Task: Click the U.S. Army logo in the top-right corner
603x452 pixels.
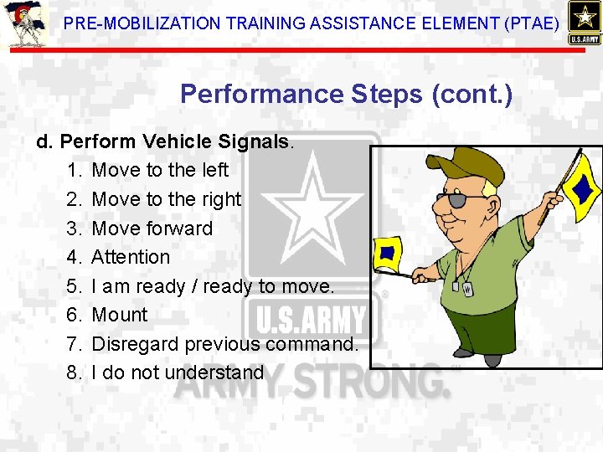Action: point(583,23)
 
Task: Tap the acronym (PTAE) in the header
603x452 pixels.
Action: point(529,23)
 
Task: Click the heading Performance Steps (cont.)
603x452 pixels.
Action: point(345,94)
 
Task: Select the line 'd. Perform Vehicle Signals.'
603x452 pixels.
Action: point(165,141)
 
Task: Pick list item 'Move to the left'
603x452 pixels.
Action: point(159,170)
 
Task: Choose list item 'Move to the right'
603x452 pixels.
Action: point(166,199)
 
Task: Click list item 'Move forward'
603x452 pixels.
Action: point(152,229)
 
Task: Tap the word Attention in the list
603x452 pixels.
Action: point(131,257)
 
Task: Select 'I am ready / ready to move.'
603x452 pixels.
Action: point(213,286)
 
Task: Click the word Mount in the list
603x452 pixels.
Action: point(119,315)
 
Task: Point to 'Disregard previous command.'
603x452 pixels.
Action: point(224,344)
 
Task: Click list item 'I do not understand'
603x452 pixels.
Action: point(178,372)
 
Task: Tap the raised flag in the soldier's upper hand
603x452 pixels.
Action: point(580,177)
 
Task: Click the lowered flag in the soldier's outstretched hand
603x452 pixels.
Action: point(389,254)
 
